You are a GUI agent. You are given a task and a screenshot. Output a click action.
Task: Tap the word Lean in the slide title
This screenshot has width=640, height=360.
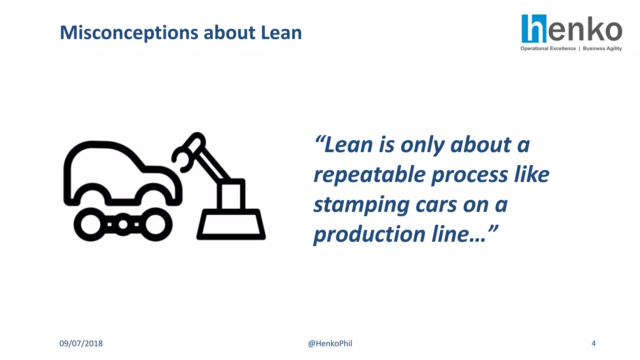[281, 32]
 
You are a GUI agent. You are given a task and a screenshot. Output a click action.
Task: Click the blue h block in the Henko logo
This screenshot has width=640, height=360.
[534, 28]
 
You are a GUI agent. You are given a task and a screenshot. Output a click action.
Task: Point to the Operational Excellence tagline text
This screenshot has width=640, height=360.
[548, 48]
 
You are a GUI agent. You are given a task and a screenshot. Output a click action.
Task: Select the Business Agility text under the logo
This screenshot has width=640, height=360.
[602, 48]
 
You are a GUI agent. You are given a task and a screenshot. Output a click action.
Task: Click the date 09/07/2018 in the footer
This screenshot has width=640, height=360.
[81, 343]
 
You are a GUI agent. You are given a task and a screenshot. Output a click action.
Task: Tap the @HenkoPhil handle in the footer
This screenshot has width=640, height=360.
[330, 343]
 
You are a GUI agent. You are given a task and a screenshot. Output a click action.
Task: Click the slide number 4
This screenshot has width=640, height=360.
[593, 343]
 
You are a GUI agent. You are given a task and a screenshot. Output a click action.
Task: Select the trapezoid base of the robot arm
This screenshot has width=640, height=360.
[231, 224]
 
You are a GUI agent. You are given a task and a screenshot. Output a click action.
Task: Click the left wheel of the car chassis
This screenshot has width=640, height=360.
[91, 224]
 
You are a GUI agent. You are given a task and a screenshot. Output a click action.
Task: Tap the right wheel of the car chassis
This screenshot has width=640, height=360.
[155, 224]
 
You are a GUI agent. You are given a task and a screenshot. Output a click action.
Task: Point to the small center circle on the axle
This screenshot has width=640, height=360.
[123, 224]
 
